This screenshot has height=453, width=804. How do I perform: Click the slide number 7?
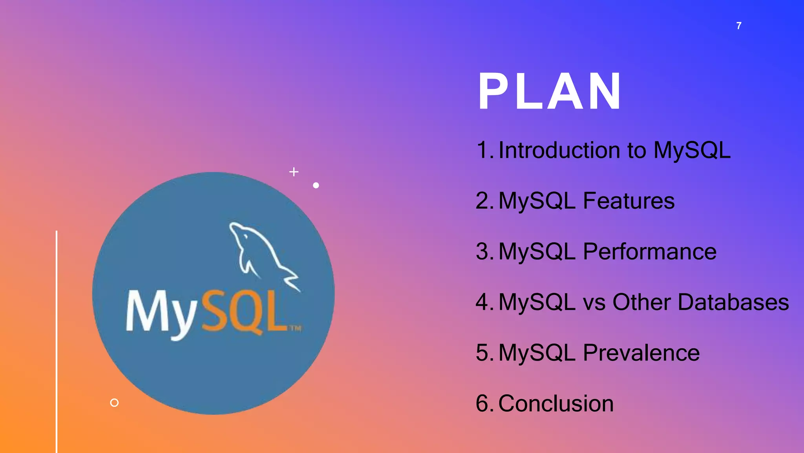[739, 26]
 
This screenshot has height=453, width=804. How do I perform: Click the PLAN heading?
[550, 92]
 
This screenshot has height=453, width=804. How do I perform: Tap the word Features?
[629, 201]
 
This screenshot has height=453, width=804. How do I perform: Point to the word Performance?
[649, 252]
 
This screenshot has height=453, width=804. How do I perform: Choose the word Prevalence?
[641, 353]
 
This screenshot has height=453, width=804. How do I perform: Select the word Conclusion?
[555, 403]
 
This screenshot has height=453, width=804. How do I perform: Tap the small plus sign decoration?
[294, 172]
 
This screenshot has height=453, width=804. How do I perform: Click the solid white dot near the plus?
[316, 185]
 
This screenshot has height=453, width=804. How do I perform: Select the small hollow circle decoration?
[114, 403]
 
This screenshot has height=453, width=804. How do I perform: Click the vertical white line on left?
[57, 342]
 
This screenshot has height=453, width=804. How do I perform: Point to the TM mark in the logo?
[295, 328]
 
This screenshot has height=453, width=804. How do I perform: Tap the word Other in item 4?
[641, 302]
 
